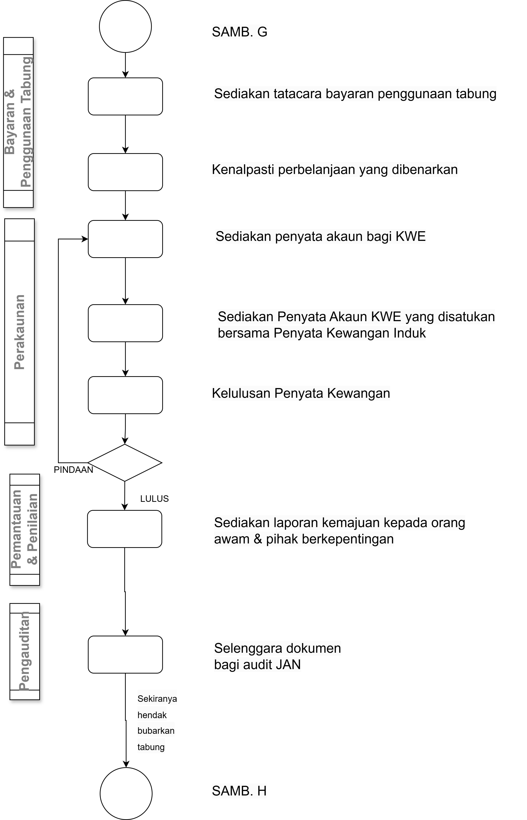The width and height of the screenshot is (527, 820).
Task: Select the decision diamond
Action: pos(125,463)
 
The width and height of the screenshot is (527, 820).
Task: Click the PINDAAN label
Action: pos(74,470)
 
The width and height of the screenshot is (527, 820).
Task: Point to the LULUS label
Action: pos(154,499)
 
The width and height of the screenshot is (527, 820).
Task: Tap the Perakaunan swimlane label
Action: pos(20,332)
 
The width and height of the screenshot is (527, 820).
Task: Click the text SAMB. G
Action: pos(240,32)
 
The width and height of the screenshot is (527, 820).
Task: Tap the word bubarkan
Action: pos(156,731)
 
